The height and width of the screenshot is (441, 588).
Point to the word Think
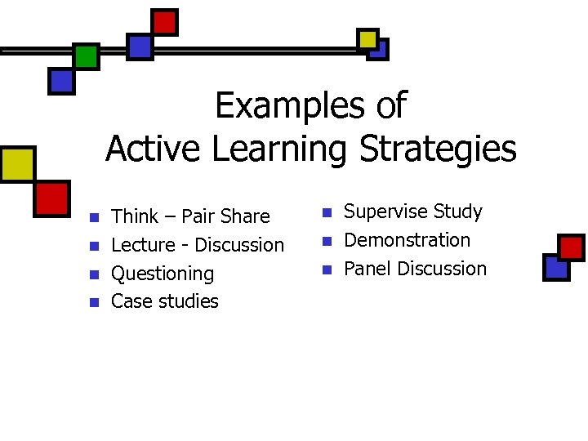135,216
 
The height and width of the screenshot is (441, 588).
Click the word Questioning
163,274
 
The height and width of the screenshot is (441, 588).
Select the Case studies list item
165,301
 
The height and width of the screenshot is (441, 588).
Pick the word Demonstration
408,240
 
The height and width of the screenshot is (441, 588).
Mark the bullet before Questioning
94,274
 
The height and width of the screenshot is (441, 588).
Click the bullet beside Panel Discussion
327,269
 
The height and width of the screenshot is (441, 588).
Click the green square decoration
86,56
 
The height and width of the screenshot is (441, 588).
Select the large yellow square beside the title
17,163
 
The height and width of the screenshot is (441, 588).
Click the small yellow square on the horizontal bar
367,38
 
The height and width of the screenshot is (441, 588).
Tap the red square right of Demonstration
571,246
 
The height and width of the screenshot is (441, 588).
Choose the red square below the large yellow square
51,198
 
